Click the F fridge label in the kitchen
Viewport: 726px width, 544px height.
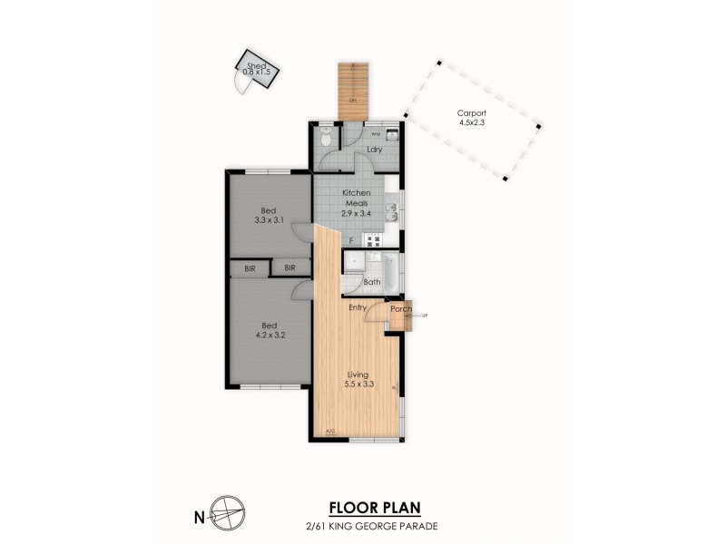point(351,240)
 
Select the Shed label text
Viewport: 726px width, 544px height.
point(256,65)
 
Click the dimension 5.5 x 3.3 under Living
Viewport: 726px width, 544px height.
point(359,384)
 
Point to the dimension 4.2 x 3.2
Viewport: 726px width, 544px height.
point(269,334)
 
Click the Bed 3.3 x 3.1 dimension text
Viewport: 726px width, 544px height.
point(269,219)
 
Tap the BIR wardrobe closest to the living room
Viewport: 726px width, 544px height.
point(290,268)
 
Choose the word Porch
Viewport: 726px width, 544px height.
point(401,309)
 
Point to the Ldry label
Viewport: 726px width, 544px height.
point(372,150)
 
